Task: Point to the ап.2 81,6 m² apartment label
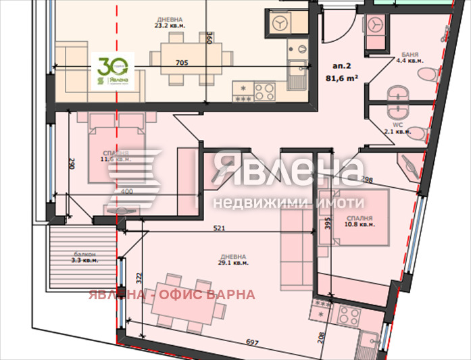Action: tap(341, 72)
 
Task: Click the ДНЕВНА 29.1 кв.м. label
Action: tap(232, 259)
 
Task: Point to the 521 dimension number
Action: tap(218, 228)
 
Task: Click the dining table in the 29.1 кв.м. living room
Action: tap(187, 305)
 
